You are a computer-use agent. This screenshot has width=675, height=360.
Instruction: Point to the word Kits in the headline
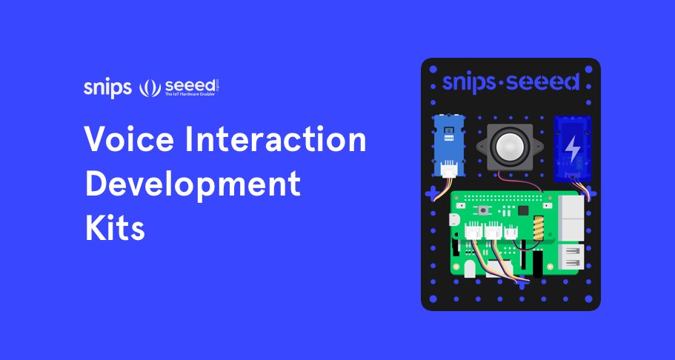(x=114, y=227)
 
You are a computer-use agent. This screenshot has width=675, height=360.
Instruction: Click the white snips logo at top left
(x=108, y=88)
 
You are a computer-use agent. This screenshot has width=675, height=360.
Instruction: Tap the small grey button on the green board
(x=484, y=212)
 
